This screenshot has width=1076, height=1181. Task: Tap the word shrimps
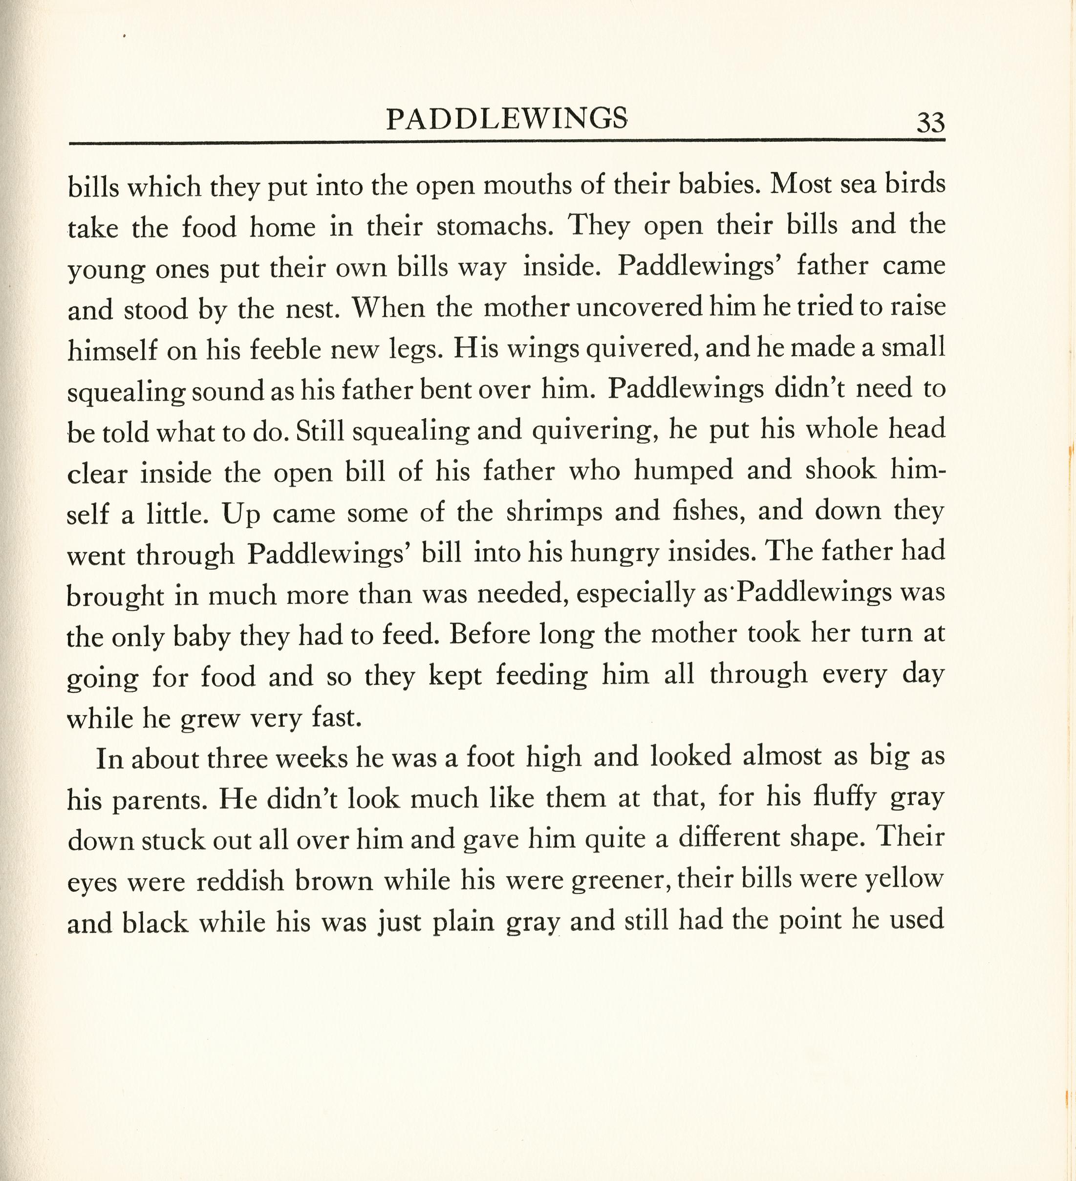coord(554,512)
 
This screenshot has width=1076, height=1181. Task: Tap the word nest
coord(312,309)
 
